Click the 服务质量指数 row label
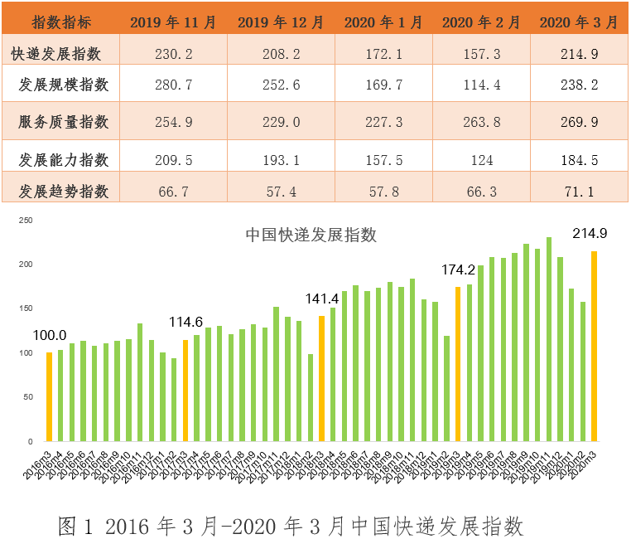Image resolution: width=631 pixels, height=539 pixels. pyautogui.click(x=64, y=122)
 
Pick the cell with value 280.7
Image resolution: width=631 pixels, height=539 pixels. pyautogui.click(x=173, y=85)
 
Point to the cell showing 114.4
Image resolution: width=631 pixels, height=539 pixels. pyautogui.click(x=481, y=85)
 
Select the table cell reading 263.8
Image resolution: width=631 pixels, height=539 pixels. pyautogui.click(x=481, y=122)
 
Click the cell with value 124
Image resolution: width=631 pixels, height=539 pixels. pyautogui.click(x=481, y=159)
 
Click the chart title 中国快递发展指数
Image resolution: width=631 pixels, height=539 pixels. pyautogui.click(x=311, y=235)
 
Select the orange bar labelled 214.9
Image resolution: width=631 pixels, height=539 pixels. pyautogui.click(x=594, y=346)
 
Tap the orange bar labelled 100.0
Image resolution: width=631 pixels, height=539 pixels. pyautogui.click(x=49, y=396)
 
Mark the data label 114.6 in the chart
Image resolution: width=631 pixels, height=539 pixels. pyautogui.click(x=186, y=322)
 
